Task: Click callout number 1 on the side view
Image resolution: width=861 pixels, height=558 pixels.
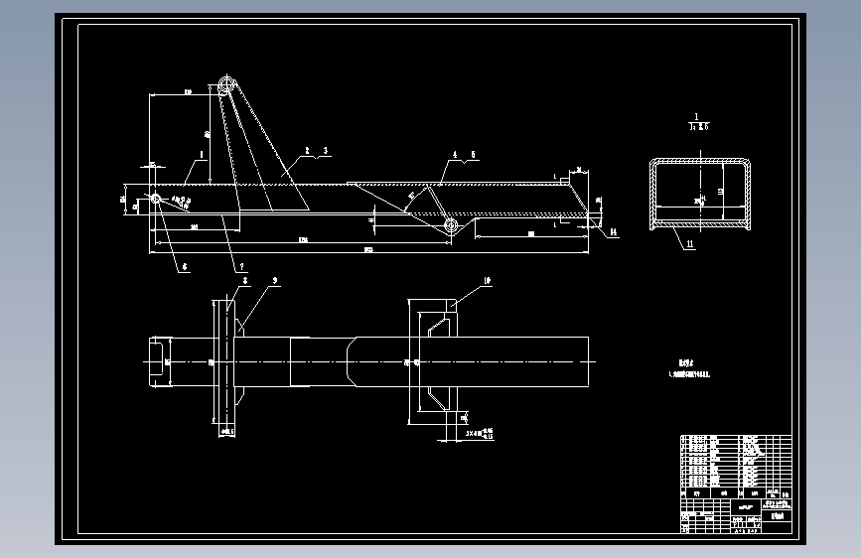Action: (x=202, y=154)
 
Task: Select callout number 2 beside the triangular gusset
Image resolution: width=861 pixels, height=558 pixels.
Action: (x=308, y=150)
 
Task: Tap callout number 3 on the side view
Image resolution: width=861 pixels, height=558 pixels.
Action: (x=325, y=150)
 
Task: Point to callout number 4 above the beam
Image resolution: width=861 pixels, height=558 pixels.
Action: (x=455, y=155)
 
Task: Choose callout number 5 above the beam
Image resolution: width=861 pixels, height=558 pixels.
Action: (x=474, y=155)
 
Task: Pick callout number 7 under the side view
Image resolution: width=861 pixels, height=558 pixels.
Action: (x=239, y=267)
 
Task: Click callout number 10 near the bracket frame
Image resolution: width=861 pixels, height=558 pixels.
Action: (x=488, y=283)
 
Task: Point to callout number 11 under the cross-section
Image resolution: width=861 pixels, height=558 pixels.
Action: (x=688, y=243)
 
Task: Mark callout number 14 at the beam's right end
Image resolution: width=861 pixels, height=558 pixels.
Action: (x=614, y=231)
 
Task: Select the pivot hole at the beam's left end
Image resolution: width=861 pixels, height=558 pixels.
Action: (x=156, y=199)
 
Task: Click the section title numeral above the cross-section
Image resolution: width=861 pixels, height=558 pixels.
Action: (x=698, y=116)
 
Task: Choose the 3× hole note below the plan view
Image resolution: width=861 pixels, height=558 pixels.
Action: (x=479, y=433)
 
